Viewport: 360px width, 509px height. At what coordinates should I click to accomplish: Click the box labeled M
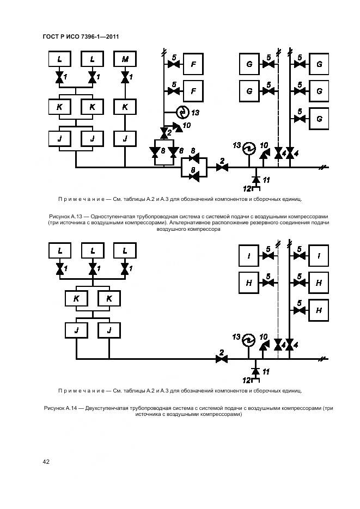point(125,59)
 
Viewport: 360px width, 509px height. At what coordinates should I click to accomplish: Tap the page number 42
point(46,462)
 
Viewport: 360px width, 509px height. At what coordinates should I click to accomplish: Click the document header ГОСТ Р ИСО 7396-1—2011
point(81,36)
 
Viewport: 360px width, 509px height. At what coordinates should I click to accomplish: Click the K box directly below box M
point(125,107)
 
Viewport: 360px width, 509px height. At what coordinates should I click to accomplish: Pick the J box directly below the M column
point(125,139)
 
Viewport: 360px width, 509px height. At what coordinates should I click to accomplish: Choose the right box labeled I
point(319,254)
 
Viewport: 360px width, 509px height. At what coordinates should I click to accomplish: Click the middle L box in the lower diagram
point(93,250)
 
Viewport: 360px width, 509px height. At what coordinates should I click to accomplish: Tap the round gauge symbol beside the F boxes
point(183,113)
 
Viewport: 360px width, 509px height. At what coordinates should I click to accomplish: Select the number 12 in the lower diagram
point(247,379)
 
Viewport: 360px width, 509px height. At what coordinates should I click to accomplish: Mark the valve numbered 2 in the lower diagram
point(221,358)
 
